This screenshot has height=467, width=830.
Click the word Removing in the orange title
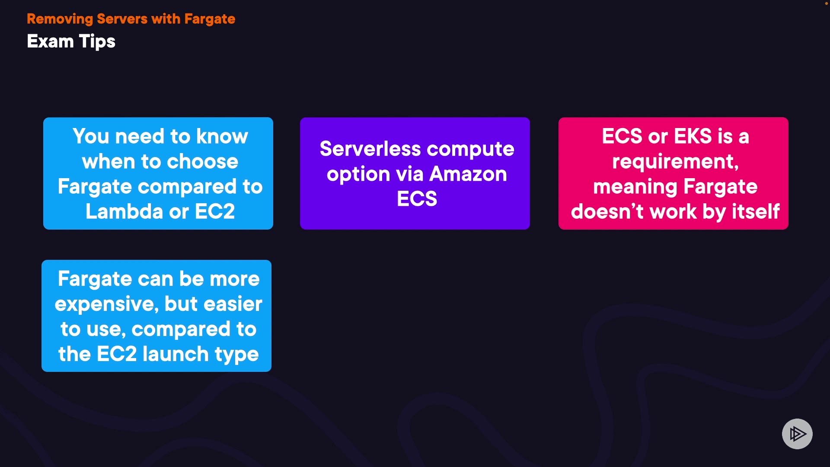tap(60, 19)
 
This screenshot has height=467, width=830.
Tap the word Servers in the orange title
tap(122, 19)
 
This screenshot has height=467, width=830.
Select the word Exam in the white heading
tap(50, 42)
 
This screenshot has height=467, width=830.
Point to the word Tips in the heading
tap(97, 42)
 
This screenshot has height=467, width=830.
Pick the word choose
tap(203, 162)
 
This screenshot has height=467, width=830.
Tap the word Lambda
tap(124, 211)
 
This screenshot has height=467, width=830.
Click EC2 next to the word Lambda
tap(215, 211)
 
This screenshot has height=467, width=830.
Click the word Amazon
tap(468, 174)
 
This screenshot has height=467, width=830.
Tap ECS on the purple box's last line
tap(417, 199)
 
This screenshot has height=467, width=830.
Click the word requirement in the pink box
tap(674, 162)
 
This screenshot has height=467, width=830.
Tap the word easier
tap(233, 304)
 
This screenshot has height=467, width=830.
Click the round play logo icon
tap(797, 434)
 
